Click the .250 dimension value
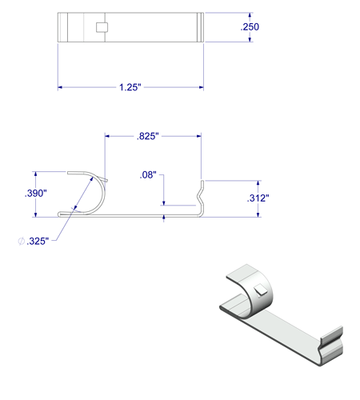[250, 28]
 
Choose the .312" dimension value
[258, 198]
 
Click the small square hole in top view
[101, 27]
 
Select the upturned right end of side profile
[201, 195]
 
